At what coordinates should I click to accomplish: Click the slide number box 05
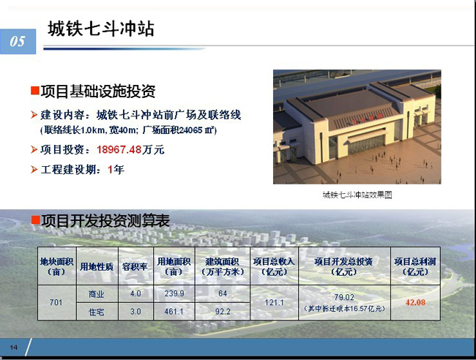(x=18, y=42)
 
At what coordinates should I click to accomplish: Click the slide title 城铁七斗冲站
(x=101, y=29)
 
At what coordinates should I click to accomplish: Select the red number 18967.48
(x=119, y=149)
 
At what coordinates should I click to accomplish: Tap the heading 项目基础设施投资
(x=98, y=91)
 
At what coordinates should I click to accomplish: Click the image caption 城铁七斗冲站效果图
(x=357, y=195)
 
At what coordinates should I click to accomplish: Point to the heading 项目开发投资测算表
(x=105, y=221)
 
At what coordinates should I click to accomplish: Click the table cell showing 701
(x=56, y=302)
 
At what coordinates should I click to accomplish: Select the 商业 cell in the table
(x=96, y=294)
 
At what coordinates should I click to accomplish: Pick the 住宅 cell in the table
(x=96, y=312)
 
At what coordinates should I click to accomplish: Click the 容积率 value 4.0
(x=135, y=293)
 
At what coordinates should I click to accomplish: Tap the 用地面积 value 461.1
(x=174, y=312)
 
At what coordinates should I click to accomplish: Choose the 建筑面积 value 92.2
(x=223, y=312)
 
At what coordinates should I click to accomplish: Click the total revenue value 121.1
(x=274, y=302)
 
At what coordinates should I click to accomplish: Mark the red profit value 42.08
(x=415, y=302)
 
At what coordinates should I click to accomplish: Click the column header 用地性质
(x=97, y=267)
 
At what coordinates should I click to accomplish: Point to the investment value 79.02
(x=344, y=297)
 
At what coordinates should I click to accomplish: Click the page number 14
(x=14, y=348)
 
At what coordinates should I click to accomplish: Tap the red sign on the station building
(x=362, y=119)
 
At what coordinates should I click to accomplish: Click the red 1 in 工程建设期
(x=110, y=170)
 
